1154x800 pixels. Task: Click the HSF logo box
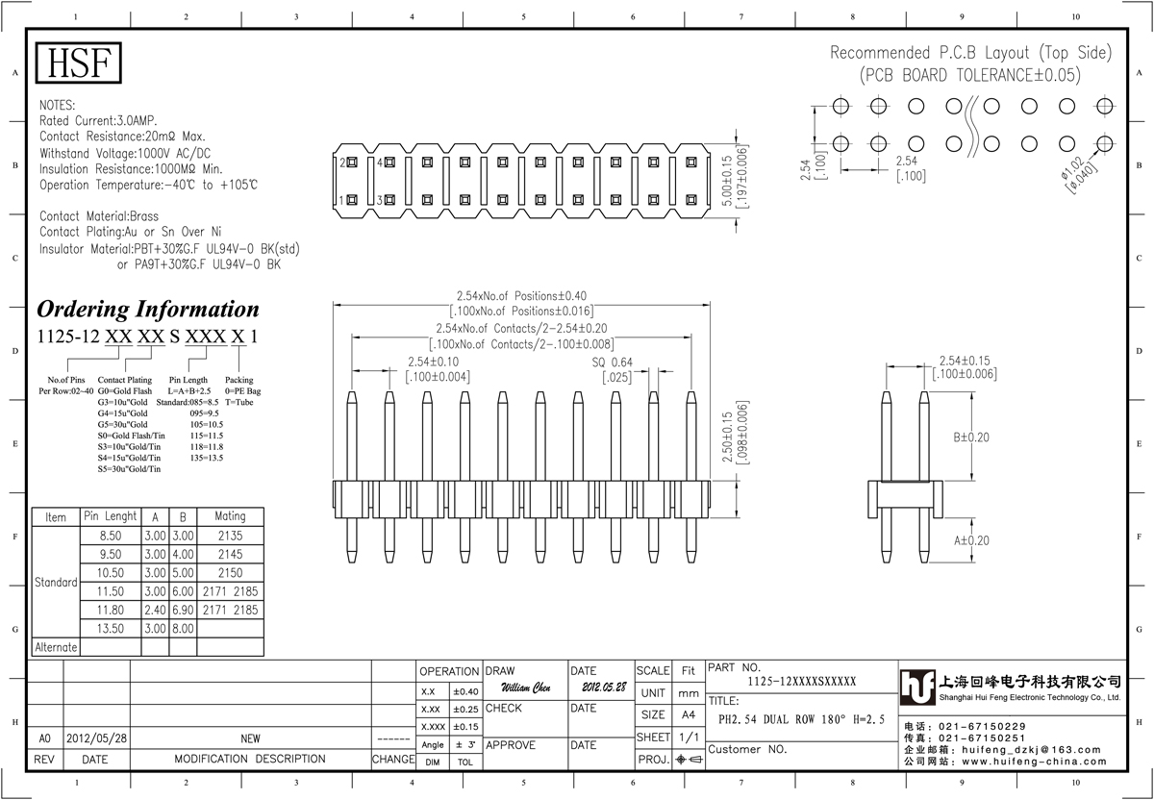point(78,62)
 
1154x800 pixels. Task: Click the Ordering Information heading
point(148,309)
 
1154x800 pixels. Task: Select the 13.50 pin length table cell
point(111,629)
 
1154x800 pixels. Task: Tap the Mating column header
point(230,516)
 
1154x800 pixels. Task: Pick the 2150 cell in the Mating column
point(230,573)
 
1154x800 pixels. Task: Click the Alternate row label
point(56,647)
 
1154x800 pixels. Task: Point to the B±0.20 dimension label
point(971,437)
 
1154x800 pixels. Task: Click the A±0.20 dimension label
point(971,540)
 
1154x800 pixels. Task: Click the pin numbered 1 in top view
point(352,200)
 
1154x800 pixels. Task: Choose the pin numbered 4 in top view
point(390,162)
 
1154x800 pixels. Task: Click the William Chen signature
point(526,687)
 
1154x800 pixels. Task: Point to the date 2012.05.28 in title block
point(604,687)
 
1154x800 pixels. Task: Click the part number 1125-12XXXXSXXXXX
point(802,682)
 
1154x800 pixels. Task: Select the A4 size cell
point(689,715)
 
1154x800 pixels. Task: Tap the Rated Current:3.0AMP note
point(98,120)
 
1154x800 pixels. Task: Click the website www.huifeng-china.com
point(1034,762)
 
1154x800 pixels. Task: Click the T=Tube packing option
point(239,402)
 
